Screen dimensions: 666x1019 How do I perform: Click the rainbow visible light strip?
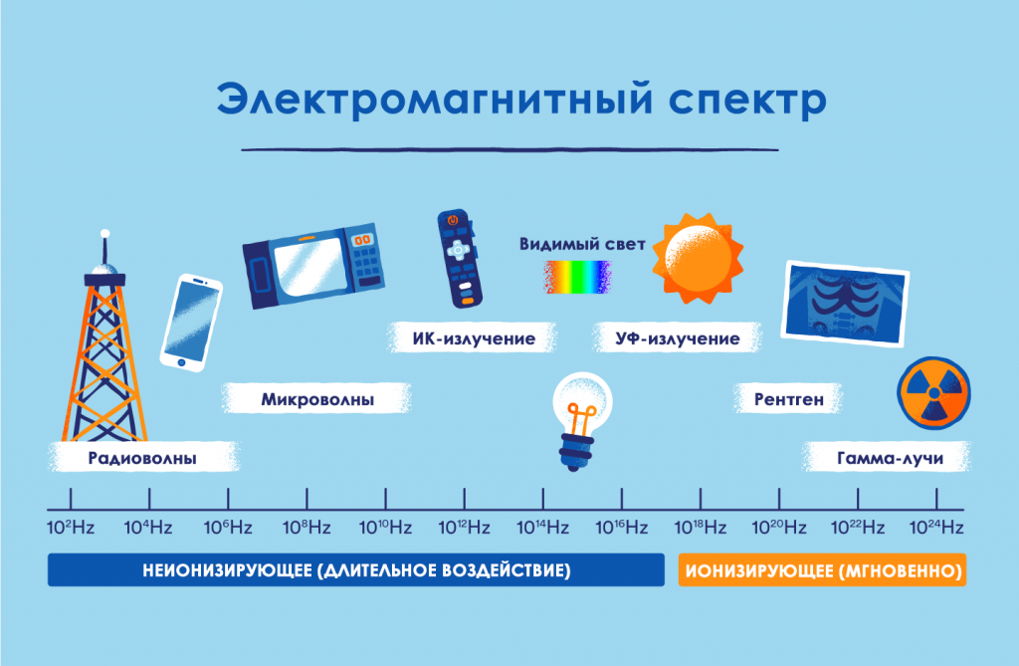click(577, 277)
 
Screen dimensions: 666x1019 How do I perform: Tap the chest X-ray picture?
click(846, 300)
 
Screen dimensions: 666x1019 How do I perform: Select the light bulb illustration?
click(580, 422)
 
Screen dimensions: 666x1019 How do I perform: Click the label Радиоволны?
click(141, 459)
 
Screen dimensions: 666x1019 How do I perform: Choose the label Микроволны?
click(317, 400)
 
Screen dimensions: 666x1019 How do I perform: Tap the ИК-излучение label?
click(474, 339)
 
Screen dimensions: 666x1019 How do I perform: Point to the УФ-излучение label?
click(678, 339)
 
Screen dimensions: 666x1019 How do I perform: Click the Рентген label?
click(789, 400)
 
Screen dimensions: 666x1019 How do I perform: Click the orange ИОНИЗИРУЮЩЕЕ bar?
click(822, 571)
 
